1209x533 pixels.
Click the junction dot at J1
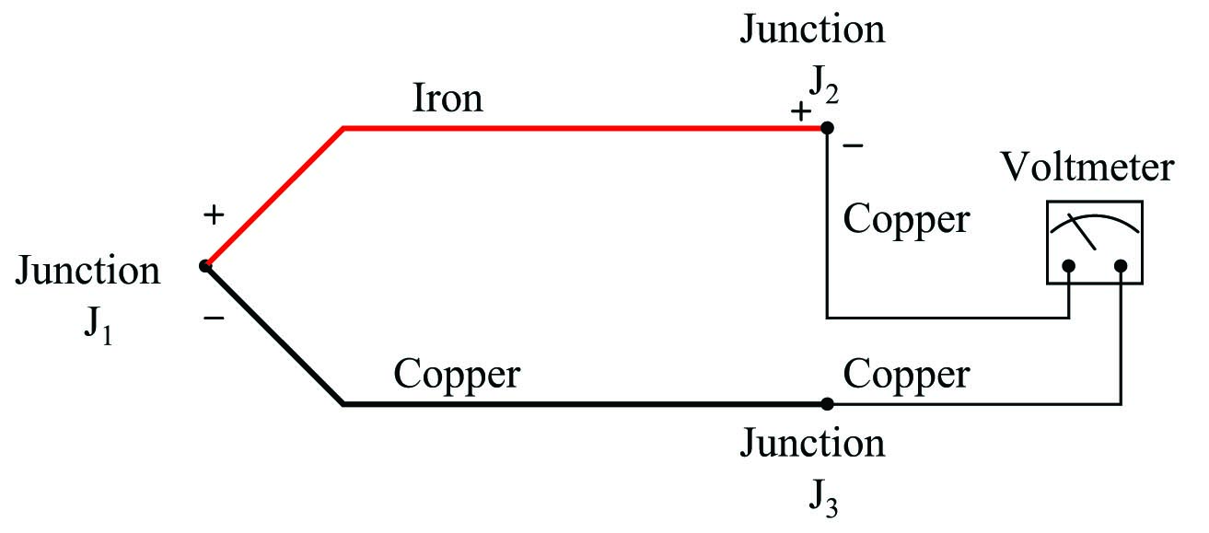[205, 266]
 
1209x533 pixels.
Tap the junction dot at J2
[827, 128]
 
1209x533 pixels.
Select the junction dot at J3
[827, 403]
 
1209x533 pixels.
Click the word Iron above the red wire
[448, 98]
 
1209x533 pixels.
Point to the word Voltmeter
[1087, 167]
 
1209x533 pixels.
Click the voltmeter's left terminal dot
[1069, 266]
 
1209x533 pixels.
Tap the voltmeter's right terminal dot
[1121, 266]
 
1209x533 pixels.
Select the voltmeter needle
[1082, 232]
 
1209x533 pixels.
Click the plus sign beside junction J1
[214, 214]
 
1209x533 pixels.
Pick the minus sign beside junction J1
[214, 319]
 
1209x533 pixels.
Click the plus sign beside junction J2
[801, 111]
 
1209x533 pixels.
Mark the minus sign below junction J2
[853, 145]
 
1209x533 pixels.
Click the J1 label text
[99, 325]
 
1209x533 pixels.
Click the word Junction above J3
[812, 443]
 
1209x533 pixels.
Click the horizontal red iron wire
[585, 128]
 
